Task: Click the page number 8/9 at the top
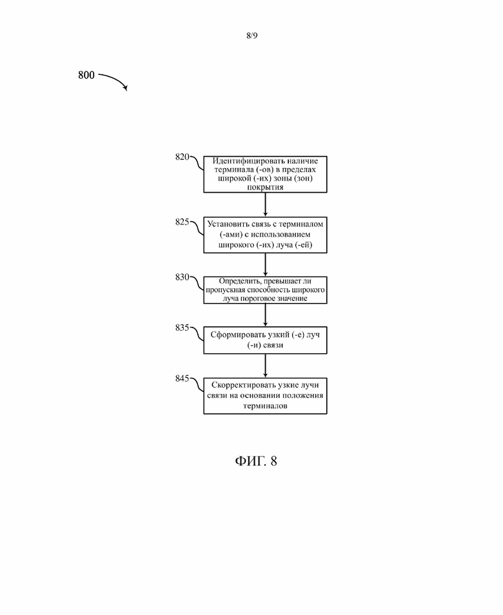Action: pos(252,35)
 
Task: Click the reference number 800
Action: pos(86,75)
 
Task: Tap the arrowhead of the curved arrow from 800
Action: pos(126,88)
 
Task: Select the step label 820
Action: pos(182,157)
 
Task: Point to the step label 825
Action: pos(182,222)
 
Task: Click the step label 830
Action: pos(182,277)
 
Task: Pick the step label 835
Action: pos(182,327)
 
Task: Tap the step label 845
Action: pos(182,378)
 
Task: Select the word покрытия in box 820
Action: pos(265,187)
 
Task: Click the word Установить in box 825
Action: pos(228,224)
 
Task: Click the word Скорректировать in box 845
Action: pos(244,385)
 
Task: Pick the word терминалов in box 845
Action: pos(265,406)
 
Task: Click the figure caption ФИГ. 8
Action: pos(256,461)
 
